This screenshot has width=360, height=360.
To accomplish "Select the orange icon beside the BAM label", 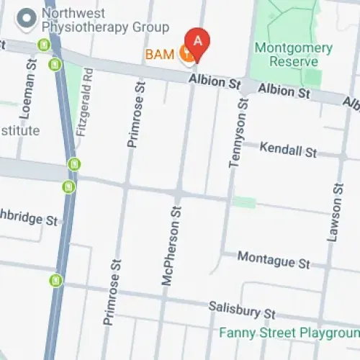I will click(186, 53).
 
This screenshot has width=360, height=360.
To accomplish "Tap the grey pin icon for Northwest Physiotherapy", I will click(27, 18).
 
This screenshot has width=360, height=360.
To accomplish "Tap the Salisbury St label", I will click(242, 310).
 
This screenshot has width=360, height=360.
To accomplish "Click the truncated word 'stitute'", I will click(19, 130).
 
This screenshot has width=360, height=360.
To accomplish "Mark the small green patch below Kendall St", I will click(245, 202).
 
